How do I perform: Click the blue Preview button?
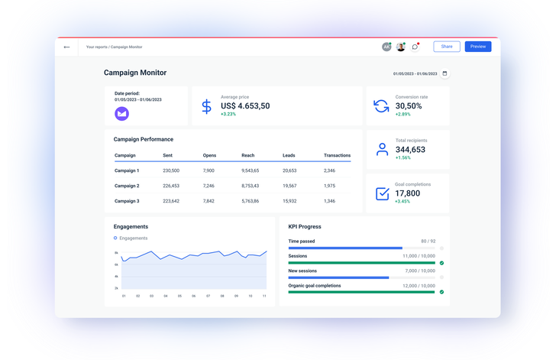click(x=477, y=47)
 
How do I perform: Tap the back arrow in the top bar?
click(x=66, y=47)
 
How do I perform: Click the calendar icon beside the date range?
click(x=445, y=73)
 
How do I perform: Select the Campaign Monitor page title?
click(x=135, y=73)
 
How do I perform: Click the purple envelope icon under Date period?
click(x=121, y=113)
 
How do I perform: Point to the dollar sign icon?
click(x=206, y=106)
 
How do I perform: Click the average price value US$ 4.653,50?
click(x=245, y=105)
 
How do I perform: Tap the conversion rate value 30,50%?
click(x=409, y=105)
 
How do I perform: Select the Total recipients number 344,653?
click(x=410, y=149)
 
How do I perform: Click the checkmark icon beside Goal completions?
click(x=382, y=193)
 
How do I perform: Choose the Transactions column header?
click(x=337, y=155)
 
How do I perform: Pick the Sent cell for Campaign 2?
click(x=171, y=186)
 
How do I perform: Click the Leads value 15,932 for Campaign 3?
click(x=289, y=201)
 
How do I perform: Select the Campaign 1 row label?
click(x=127, y=170)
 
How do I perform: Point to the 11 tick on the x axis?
click(x=264, y=296)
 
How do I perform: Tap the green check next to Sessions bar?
click(x=441, y=263)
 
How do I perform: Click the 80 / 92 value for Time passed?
click(x=428, y=241)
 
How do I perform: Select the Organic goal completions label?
click(x=315, y=285)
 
